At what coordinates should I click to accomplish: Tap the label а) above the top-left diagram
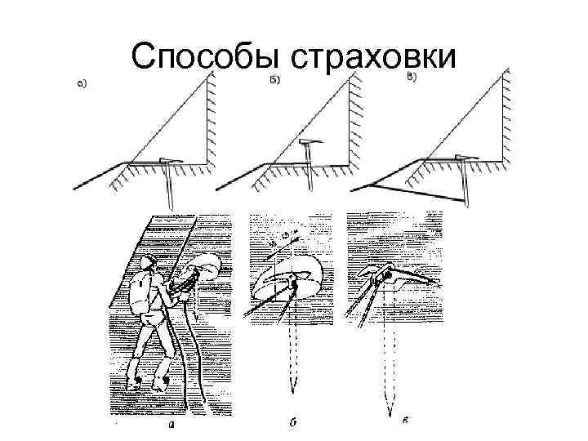tap(83, 82)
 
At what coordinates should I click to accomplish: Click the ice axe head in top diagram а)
tap(171, 160)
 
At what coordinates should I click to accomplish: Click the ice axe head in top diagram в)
tap(460, 157)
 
